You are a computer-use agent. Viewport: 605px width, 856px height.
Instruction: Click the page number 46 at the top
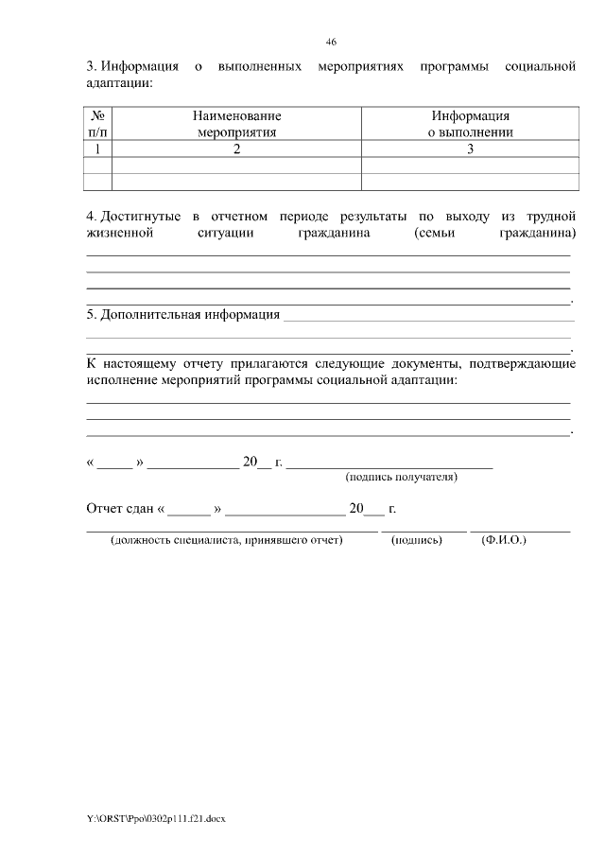(x=331, y=42)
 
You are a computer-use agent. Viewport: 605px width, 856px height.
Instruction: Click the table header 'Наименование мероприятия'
(x=236, y=124)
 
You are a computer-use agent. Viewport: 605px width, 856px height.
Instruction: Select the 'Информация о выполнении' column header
(x=470, y=124)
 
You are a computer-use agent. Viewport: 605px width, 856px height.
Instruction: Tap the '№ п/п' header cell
(x=97, y=124)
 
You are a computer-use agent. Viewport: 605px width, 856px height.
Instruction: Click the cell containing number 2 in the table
(x=236, y=149)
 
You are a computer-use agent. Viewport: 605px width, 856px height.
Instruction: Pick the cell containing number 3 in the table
(x=470, y=149)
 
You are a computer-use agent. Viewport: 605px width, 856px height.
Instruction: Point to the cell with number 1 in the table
(x=97, y=149)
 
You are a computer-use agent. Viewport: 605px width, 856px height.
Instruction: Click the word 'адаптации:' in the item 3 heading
(x=119, y=83)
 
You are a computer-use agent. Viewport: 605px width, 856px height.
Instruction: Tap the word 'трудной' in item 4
(x=551, y=218)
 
